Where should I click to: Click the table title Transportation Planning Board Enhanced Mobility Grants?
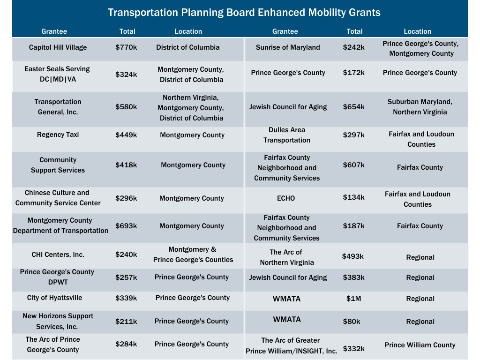(x=244, y=12)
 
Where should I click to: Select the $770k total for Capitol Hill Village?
(x=126, y=47)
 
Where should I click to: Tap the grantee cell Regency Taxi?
(x=58, y=135)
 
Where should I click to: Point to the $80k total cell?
(x=351, y=322)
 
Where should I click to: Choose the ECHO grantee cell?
(x=286, y=198)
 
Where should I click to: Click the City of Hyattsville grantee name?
(x=54, y=298)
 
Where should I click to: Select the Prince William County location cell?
(x=420, y=345)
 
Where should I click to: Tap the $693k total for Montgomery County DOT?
(x=126, y=226)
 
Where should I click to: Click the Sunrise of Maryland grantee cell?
(x=288, y=47)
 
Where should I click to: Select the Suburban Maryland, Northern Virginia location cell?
(x=420, y=107)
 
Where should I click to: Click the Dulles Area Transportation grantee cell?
(x=286, y=135)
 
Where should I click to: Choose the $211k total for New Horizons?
(x=126, y=322)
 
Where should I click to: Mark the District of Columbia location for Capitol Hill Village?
(x=187, y=47)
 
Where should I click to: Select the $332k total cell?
(x=353, y=349)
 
